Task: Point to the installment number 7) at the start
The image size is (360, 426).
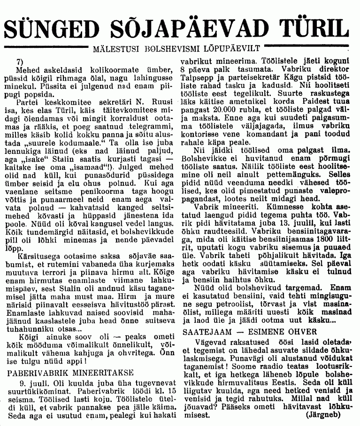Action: click(x=19, y=62)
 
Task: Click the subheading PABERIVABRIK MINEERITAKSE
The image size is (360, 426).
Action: click(x=62, y=375)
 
